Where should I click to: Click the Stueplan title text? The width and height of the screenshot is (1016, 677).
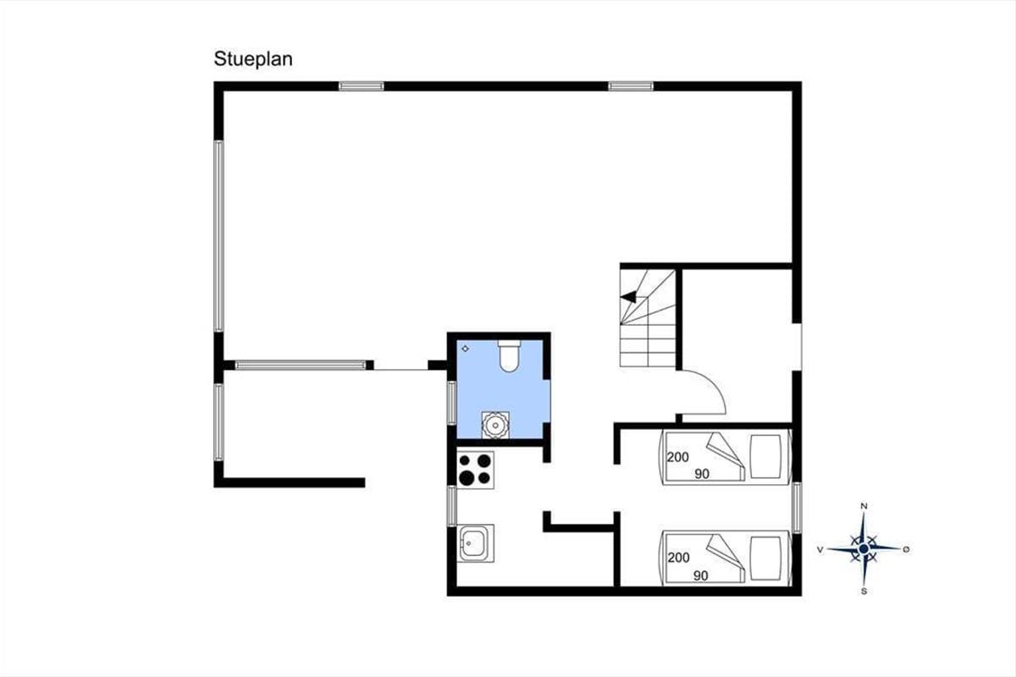[x=253, y=59]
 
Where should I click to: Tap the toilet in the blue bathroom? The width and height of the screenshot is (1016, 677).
[x=510, y=356]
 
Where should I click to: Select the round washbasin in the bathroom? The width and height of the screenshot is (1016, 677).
[x=495, y=425]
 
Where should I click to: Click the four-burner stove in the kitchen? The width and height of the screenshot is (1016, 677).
[x=475, y=470]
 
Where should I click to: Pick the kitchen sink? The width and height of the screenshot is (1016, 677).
[x=475, y=543]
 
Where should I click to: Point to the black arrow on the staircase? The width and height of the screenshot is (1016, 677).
[x=628, y=297]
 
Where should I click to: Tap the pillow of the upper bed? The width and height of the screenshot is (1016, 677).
[x=765, y=457]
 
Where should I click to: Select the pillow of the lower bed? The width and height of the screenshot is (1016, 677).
[x=765, y=559]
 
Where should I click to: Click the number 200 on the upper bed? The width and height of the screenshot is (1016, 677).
[x=677, y=457]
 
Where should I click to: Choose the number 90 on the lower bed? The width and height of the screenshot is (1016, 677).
[x=701, y=575]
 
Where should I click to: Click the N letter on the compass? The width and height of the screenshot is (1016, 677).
[x=864, y=506]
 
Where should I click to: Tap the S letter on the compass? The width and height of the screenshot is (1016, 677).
[x=864, y=592]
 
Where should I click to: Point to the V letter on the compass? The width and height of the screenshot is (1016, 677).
[x=820, y=549]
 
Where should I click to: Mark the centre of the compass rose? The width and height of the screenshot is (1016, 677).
[x=864, y=549]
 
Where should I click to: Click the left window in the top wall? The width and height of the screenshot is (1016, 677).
[x=362, y=86]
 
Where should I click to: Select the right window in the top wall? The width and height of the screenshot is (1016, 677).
[x=631, y=86]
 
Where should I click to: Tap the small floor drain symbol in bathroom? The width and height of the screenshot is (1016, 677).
[x=465, y=349]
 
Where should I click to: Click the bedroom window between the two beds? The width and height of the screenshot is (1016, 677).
[x=797, y=508]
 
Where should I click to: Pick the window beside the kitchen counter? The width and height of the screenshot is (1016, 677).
[x=452, y=506]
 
